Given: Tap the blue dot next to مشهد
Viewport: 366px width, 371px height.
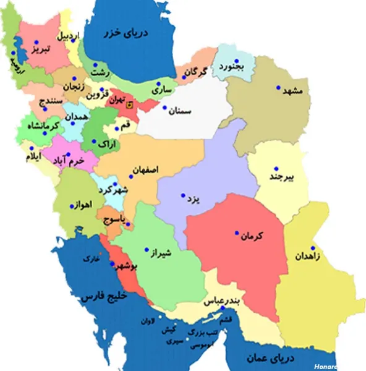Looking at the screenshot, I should click(278, 87).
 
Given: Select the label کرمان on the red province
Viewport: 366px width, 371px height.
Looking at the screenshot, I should click(251, 236).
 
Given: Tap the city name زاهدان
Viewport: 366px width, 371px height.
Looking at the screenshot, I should click(308, 255).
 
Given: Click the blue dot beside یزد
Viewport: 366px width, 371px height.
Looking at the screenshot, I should click(182, 197).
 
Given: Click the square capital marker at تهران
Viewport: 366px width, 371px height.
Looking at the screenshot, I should click(129, 105).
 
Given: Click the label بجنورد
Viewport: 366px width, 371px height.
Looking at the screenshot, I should click(231, 66).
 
